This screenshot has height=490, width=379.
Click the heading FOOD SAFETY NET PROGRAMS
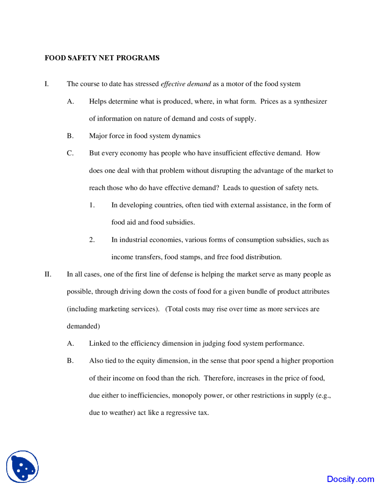point(102,58)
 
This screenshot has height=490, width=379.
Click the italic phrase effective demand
point(186,84)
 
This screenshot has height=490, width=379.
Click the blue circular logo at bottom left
point(23,467)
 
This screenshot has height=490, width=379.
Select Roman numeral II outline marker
point(48,274)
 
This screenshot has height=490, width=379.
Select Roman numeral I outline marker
point(46,84)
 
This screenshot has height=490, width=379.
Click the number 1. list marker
point(92,205)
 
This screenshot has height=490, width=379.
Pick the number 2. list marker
point(92,240)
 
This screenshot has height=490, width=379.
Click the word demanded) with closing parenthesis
point(83,326)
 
